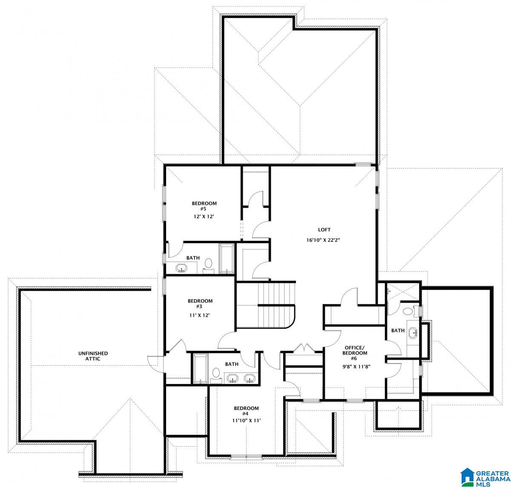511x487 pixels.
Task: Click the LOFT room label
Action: point(324,230)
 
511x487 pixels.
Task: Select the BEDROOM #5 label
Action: point(204,206)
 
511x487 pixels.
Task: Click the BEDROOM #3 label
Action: point(200,304)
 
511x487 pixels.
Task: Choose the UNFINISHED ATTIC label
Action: point(93,356)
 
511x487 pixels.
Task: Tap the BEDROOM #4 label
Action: point(246,411)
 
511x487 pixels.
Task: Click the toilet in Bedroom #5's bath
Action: point(209,264)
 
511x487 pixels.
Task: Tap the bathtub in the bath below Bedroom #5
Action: point(227,259)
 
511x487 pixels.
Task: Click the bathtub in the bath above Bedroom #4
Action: point(200,369)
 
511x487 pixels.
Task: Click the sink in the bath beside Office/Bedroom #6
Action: point(413,332)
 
